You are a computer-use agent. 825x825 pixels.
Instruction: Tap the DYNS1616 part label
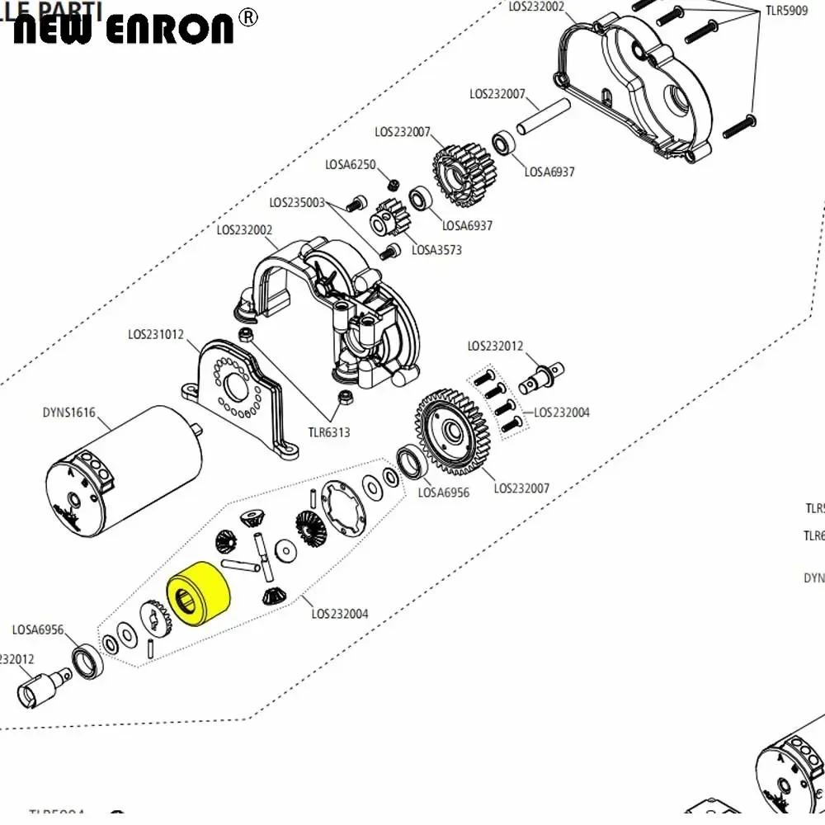point(68,413)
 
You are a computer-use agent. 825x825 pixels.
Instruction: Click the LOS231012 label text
point(156,335)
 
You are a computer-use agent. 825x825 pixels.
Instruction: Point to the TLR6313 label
point(329,431)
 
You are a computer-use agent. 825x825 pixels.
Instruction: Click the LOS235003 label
point(297,202)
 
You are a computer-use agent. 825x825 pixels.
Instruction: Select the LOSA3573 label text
point(436,250)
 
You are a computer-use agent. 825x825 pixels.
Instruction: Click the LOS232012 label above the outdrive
point(495,346)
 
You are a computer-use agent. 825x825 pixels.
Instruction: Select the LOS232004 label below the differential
point(340,613)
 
